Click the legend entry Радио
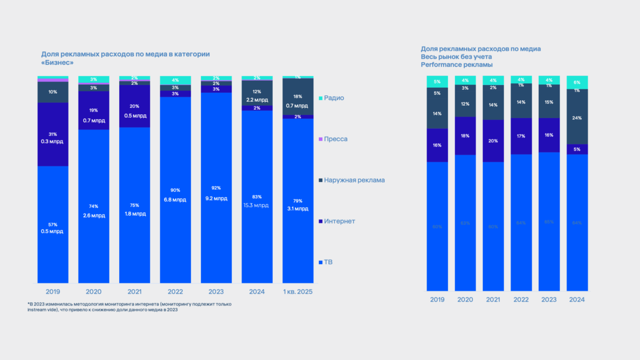coord(334,98)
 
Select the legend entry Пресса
coord(335,139)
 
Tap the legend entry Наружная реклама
coord(354,180)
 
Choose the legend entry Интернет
coord(339,221)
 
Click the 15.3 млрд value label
coord(257,205)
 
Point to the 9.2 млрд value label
coord(216,199)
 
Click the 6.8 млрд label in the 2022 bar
coord(175,200)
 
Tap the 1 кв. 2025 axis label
coord(297,292)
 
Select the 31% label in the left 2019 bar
coord(52,134)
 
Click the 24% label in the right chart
coord(577,118)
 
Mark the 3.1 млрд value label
coord(298,209)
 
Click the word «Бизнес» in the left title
coord(57,63)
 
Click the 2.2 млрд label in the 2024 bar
coord(257,100)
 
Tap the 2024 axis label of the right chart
coord(577,300)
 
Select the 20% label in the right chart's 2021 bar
coord(493,141)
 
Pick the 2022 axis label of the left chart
coord(175,292)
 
